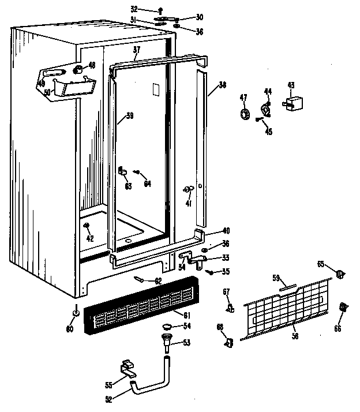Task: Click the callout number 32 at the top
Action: (x=134, y=9)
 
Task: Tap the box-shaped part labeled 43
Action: (x=293, y=105)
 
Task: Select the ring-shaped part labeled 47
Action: (x=244, y=114)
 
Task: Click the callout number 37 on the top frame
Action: (x=136, y=50)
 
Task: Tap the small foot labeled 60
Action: (x=76, y=312)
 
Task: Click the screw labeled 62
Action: (x=141, y=279)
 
